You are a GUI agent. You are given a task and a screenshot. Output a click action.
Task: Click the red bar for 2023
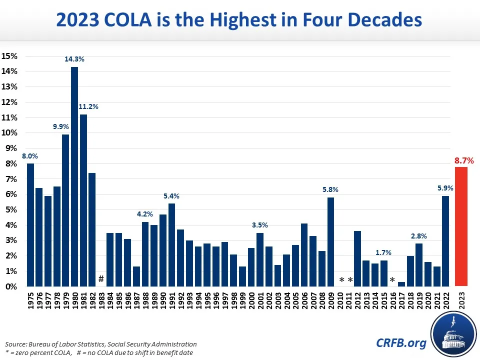462,226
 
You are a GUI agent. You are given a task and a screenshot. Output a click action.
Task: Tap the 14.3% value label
74,59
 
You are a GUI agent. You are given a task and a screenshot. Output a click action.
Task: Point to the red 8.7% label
463,161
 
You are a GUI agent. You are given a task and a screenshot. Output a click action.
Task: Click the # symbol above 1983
101,278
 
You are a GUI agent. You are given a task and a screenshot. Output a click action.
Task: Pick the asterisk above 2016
392,280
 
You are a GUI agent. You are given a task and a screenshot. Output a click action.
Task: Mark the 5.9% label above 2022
445,188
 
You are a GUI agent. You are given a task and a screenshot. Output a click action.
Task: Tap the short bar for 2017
401,284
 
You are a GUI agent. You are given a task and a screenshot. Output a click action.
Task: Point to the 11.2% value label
88,106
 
